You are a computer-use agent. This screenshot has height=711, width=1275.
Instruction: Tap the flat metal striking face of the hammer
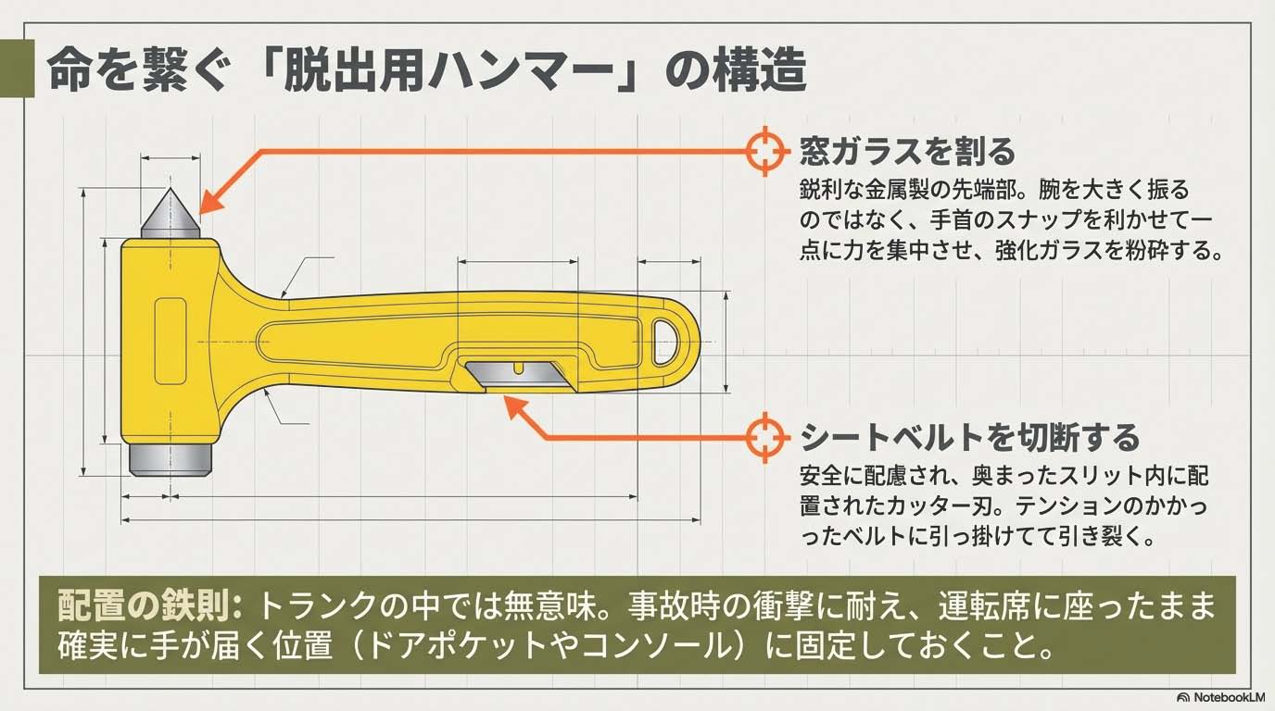coord(170,460)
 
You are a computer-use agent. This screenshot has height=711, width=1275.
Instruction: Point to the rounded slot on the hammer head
coord(170,341)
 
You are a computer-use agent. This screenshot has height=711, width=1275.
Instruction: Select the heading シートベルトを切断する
coord(969,436)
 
